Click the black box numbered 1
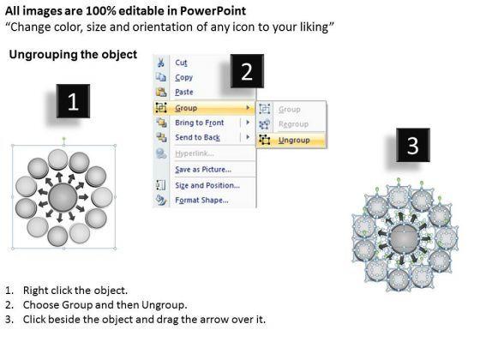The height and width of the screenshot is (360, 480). pos(73,101)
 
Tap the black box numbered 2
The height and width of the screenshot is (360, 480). pos(247,71)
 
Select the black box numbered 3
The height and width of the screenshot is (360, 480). pos(413,145)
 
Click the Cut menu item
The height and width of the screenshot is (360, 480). pos(181,63)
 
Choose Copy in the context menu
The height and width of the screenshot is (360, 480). pos(183,77)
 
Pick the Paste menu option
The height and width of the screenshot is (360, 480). pos(184,92)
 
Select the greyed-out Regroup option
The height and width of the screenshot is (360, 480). pos(293,124)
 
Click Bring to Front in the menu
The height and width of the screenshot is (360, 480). pos(199,123)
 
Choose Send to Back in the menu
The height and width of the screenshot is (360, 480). pos(197,137)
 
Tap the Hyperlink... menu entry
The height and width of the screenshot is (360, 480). pos(195,153)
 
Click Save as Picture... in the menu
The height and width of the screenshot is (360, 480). pos(203,170)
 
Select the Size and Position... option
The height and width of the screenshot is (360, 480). pos(207,185)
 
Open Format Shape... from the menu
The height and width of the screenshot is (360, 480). pos(201,201)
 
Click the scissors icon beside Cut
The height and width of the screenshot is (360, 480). pos(161,63)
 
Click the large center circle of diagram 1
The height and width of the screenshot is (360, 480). pos(63,197)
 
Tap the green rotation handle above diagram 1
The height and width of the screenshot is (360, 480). pos(64,139)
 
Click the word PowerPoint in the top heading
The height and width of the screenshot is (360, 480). pos(213,11)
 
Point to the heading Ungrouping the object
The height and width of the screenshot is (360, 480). pos(73,55)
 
